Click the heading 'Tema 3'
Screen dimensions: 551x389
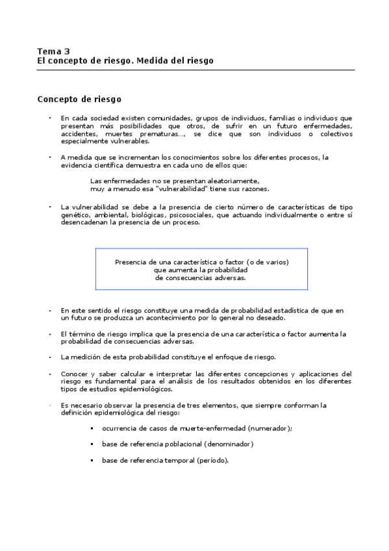click(53, 51)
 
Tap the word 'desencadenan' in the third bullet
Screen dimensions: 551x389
click(85, 222)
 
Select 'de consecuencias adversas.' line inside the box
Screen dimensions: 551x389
click(201, 277)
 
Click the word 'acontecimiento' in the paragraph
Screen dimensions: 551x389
click(181, 318)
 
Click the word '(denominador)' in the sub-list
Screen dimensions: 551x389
click(228, 444)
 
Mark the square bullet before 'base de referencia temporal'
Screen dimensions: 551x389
click(93, 461)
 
